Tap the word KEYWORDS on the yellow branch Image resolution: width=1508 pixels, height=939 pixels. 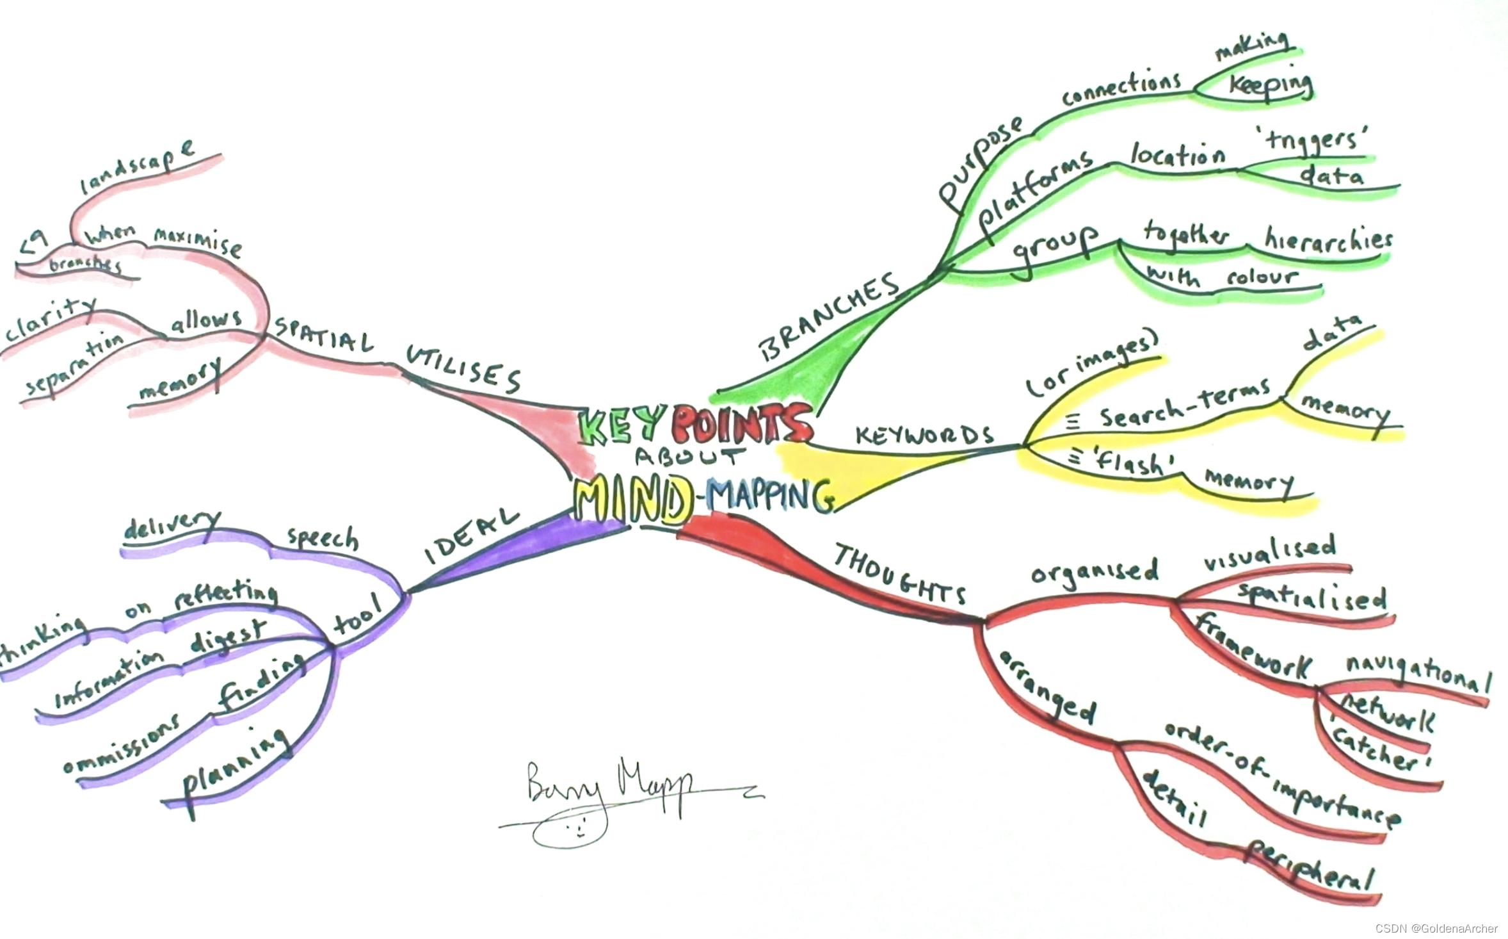pyautogui.click(x=924, y=436)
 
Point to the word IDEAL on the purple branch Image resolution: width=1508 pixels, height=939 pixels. pyautogui.click(x=472, y=537)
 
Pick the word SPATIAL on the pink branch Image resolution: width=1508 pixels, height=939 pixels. pyautogui.click(x=323, y=334)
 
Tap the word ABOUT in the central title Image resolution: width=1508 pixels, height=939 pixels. pyautogui.click(x=690, y=456)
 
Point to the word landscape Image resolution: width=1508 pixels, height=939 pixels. pyautogui.click(x=137, y=166)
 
